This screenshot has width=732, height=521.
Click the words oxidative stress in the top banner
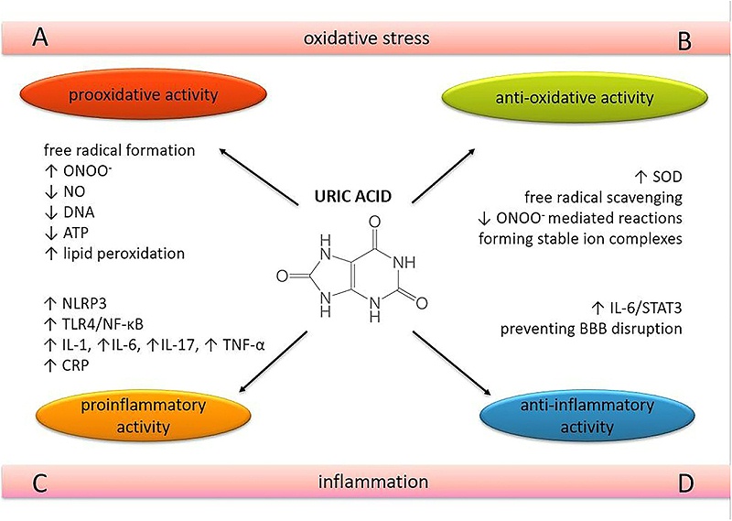tap(366, 38)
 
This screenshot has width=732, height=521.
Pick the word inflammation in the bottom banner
tap(366, 482)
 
